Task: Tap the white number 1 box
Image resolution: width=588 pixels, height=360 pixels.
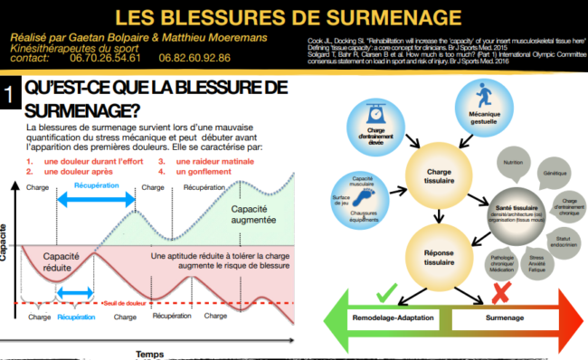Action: tap(9, 96)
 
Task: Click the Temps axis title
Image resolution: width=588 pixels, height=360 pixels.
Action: tap(151, 354)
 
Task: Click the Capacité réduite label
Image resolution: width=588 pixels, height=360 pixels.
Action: tap(56, 261)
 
